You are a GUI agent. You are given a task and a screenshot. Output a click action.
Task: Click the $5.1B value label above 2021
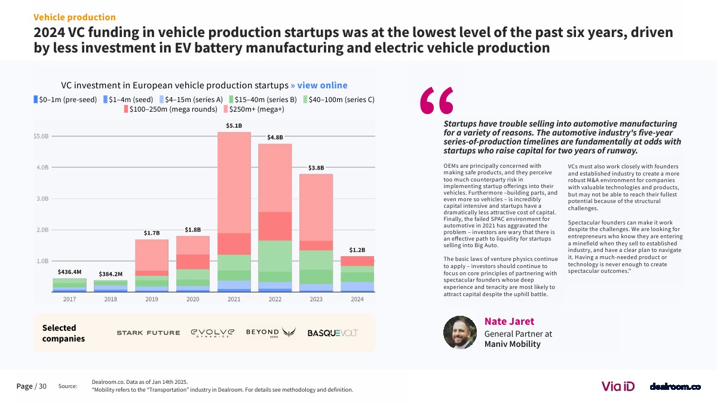tap(234, 126)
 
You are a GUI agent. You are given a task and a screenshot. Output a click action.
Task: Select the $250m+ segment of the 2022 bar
tap(275, 178)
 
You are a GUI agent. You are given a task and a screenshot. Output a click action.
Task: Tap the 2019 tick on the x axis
tap(152, 299)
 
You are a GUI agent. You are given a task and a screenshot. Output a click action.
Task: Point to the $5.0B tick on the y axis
tap(41, 136)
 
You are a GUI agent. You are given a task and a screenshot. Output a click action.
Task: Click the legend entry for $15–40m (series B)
tap(263, 100)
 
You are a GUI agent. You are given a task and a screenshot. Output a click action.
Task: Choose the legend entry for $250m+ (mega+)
tap(254, 109)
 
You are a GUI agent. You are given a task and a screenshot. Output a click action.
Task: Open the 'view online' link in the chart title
tap(322, 85)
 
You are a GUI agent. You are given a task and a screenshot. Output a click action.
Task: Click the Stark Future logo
tap(148, 333)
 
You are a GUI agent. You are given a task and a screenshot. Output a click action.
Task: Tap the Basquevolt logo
tap(332, 333)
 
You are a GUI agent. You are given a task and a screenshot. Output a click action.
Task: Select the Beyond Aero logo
tap(271, 333)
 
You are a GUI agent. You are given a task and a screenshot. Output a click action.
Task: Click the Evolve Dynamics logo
tap(213, 333)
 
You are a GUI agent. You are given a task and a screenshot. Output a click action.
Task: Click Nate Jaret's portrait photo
tap(460, 333)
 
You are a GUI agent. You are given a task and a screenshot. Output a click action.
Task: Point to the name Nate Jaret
tap(509, 321)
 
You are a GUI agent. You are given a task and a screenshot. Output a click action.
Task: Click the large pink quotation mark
tap(437, 100)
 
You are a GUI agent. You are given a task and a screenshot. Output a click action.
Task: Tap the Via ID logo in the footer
tap(618, 386)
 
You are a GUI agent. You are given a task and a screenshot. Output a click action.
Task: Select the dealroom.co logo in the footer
tap(675, 387)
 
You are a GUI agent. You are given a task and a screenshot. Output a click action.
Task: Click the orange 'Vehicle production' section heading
tap(75, 17)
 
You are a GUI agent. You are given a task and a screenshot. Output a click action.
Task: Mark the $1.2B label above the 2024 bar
tap(357, 250)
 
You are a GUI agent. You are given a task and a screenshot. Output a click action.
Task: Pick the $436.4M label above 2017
tap(69, 272)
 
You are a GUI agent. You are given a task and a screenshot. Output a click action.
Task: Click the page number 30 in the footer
tap(42, 386)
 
